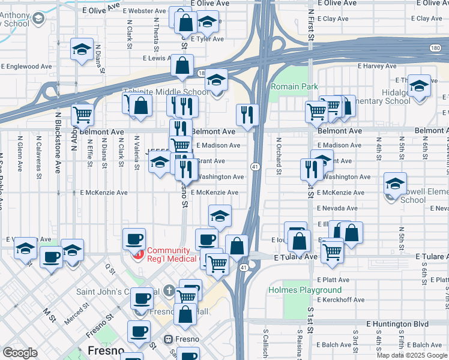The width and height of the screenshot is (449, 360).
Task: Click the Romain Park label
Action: click(294, 86)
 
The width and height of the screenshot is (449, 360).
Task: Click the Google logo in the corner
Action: click(20, 353)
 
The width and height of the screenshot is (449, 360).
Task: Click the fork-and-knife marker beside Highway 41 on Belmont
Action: click(247, 114)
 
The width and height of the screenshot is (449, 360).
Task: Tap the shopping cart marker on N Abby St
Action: click(82, 114)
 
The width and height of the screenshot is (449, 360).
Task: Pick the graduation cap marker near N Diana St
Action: click(81, 50)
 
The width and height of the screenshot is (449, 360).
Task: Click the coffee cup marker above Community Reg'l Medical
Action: click(134, 239)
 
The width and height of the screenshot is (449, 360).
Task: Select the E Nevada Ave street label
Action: click(337, 208)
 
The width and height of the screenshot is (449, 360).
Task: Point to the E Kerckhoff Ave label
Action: click(341, 299)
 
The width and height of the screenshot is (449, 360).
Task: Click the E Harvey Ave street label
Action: click(377, 66)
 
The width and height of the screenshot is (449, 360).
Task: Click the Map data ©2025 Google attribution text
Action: click(412, 355)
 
